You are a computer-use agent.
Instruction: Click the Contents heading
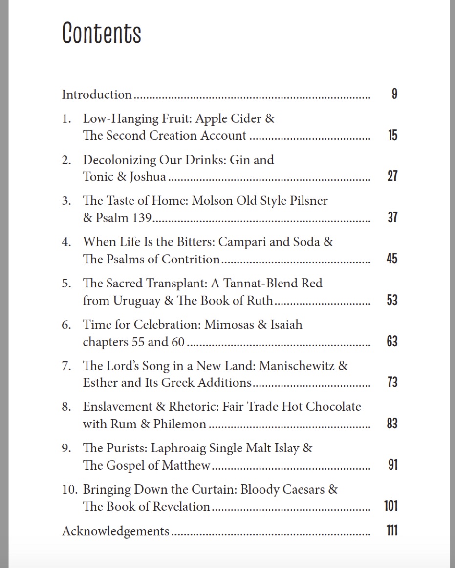pos(102,33)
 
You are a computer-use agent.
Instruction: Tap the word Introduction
pos(97,95)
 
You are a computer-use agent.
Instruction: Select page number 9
pos(394,94)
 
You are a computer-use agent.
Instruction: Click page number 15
pos(392,135)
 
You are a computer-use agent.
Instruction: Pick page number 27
pos(392,176)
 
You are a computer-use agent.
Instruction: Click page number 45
pos(392,259)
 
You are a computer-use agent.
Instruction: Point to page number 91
pos(392,465)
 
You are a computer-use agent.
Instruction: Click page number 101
pos(391,506)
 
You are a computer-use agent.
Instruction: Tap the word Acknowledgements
pos(115,531)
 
